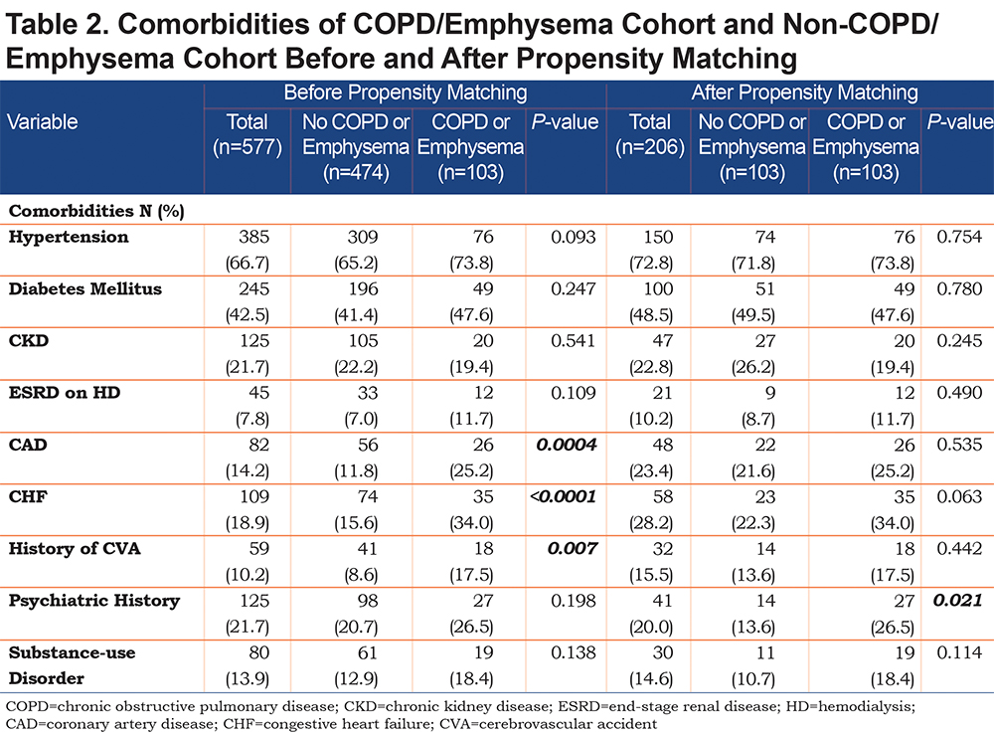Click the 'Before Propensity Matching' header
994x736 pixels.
pyautogui.click(x=406, y=92)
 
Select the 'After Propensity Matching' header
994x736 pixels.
pyautogui.click(x=804, y=92)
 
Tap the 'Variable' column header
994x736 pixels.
pyautogui.click(x=42, y=121)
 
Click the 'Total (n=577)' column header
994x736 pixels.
pyautogui.click(x=248, y=134)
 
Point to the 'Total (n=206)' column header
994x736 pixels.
pyautogui.click(x=650, y=134)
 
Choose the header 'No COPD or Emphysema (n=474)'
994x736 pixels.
pyautogui.click(x=356, y=146)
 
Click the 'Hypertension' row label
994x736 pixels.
pyautogui.click(x=69, y=237)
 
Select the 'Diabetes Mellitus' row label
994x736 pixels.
pyautogui.click(x=84, y=288)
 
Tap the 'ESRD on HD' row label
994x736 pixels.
pyautogui.click(x=64, y=393)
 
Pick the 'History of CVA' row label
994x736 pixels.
pyautogui.click(x=75, y=549)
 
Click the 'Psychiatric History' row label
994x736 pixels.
pyautogui.click(x=93, y=601)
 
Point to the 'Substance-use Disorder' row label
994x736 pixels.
pyautogui.click(x=72, y=665)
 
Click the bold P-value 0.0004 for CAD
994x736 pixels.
pyautogui.click(x=567, y=445)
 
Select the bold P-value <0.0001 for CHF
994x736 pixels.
pyautogui.click(x=563, y=497)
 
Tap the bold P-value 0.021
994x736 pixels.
pyautogui.click(x=957, y=600)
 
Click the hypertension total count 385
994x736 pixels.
pyautogui.click(x=253, y=237)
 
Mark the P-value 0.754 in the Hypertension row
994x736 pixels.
pyautogui.click(x=959, y=237)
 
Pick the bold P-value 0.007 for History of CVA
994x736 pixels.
pyautogui.click(x=572, y=549)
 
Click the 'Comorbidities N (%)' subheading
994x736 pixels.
pyautogui.click(x=96, y=211)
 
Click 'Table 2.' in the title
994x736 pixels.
pyautogui.click(x=56, y=25)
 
